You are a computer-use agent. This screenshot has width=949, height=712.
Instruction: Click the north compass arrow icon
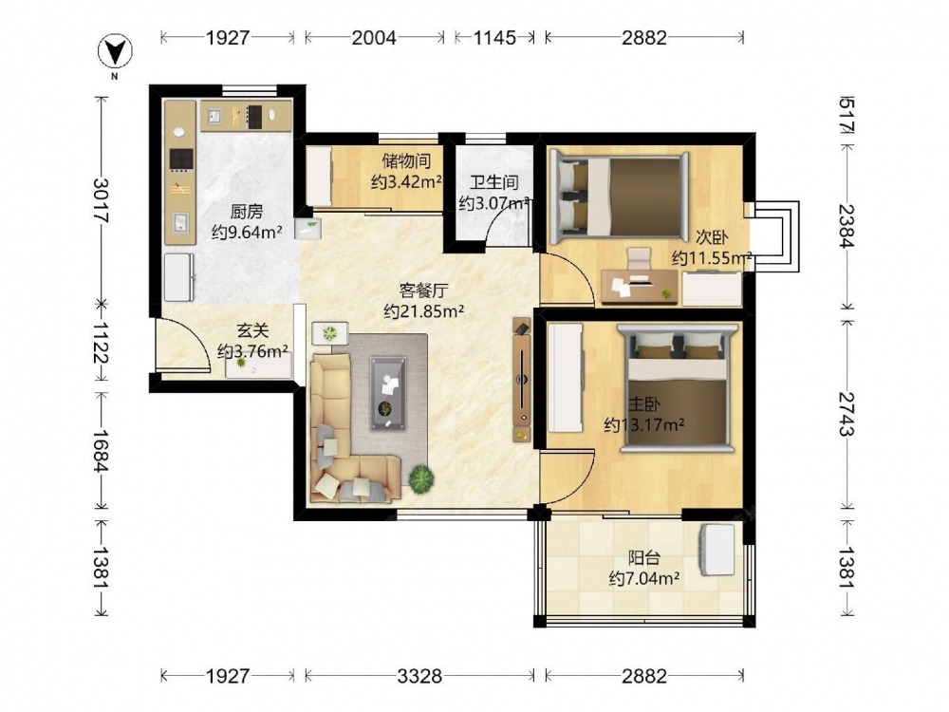115,52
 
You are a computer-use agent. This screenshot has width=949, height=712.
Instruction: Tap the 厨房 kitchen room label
247,212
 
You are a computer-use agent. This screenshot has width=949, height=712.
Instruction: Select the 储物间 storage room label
406,161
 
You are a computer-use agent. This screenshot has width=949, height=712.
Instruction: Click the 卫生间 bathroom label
494,181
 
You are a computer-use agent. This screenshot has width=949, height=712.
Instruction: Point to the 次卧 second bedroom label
711,236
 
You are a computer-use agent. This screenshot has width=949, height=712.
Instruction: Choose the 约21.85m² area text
423,311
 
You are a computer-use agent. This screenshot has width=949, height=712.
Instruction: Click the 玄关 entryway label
252,330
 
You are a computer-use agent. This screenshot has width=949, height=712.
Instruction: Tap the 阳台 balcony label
643,557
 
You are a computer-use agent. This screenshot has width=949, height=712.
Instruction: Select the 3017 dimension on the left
101,200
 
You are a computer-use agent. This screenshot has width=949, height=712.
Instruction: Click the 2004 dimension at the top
374,38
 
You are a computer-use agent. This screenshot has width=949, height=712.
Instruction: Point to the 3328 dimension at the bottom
419,676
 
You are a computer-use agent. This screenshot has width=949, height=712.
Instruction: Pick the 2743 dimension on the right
847,414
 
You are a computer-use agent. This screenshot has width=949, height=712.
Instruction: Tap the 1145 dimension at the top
494,38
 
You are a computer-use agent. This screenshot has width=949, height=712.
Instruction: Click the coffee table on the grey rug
388,392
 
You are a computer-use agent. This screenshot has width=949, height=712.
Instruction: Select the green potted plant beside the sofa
421,478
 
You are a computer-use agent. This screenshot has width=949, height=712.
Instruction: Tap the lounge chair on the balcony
717,550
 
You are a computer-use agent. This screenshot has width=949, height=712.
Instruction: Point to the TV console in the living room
522,380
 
